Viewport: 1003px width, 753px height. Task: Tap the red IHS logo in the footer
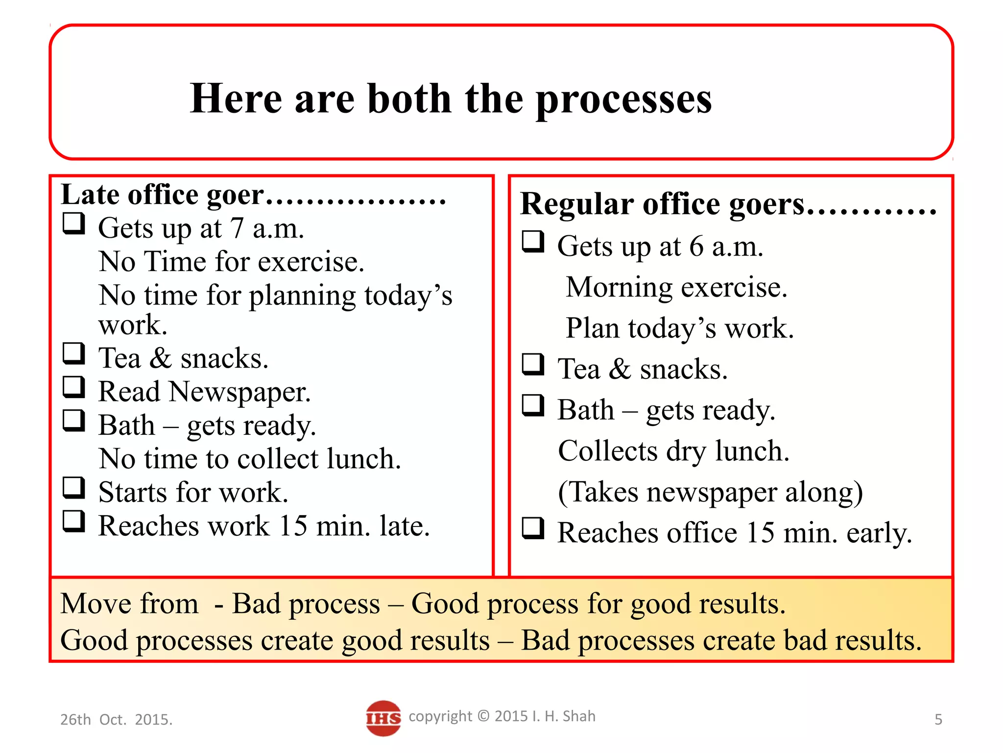tap(383, 718)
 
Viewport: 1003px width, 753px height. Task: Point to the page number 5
tap(938, 719)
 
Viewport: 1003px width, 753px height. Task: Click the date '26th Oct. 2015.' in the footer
tap(116, 720)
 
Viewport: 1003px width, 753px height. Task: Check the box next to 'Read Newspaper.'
tap(74, 387)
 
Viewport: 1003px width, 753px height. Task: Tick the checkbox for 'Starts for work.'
tap(74, 488)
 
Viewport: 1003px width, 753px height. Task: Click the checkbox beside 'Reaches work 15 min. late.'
tap(74, 521)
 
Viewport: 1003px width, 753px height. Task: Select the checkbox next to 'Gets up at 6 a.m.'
tap(533, 242)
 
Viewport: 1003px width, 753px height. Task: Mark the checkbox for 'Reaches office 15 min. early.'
tap(533, 528)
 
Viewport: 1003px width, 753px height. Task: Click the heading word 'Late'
tap(90, 195)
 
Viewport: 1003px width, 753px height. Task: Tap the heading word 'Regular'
tap(577, 203)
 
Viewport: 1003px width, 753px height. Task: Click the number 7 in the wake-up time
tap(237, 228)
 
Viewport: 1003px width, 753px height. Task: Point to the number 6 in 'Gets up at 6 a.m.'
tap(696, 247)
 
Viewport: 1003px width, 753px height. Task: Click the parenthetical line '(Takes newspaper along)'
tap(710, 492)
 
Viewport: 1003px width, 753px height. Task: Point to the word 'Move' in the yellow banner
tap(92, 603)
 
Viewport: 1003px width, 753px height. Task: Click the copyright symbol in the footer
tap(483, 716)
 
